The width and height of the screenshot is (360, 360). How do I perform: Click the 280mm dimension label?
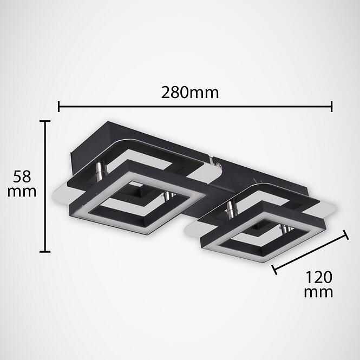190,93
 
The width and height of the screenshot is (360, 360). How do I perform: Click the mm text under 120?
318,292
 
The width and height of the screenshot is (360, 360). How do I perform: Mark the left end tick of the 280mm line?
58,107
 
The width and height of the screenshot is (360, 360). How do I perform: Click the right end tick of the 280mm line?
331,107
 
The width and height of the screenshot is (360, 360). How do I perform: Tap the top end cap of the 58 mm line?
45,122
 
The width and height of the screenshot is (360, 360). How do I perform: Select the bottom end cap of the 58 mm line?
45,251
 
